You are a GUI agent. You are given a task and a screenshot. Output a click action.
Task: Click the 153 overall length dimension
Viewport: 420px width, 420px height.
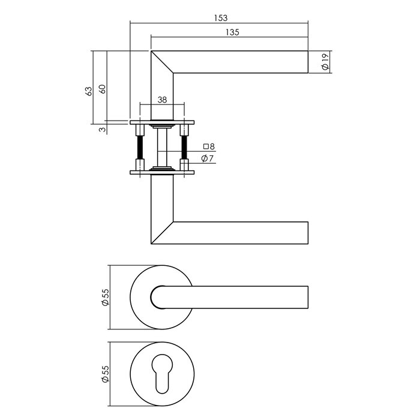click(x=219, y=18)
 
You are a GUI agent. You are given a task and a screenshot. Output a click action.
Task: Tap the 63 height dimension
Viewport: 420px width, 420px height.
click(x=89, y=91)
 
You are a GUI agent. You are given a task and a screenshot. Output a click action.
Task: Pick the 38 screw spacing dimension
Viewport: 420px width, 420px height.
click(x=162, y=100)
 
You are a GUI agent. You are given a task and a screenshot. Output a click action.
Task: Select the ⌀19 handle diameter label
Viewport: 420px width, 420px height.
click(x=325, y=62)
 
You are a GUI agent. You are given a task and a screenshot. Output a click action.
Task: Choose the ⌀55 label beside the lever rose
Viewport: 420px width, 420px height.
click(x=106, y=297)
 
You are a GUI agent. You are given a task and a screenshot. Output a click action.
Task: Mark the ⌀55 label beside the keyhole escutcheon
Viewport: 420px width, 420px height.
click(x=106, y=375)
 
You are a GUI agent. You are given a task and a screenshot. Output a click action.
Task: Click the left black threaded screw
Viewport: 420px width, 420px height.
click(x=140, y=148)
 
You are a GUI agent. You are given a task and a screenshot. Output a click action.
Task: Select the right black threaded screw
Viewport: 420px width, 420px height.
click(x=184, y=148)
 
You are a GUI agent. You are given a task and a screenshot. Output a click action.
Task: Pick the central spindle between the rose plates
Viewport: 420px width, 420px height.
click(x=162, y=148)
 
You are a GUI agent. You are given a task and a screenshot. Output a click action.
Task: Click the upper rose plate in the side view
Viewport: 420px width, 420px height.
click(x=162, y=122)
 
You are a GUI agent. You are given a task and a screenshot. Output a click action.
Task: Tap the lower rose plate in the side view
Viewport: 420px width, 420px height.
click(x=162, y=173)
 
